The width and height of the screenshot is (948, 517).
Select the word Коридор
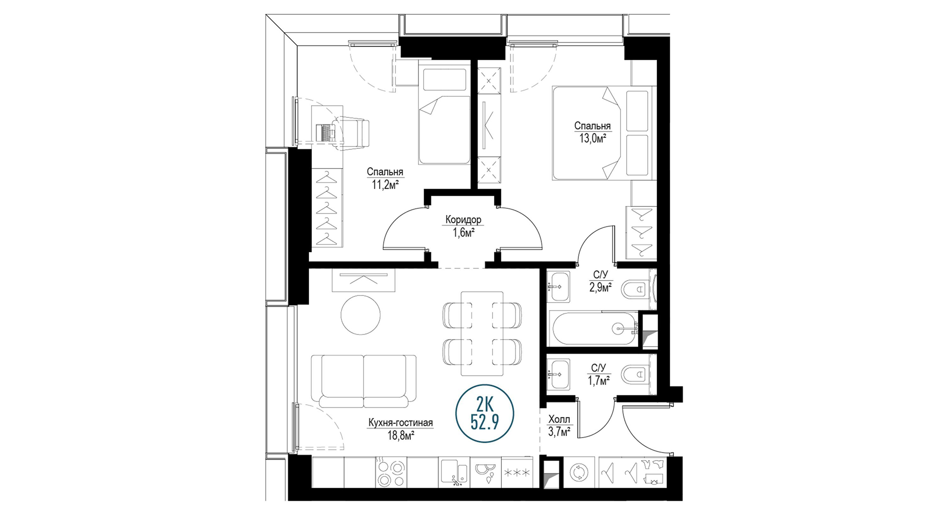pos(463,220)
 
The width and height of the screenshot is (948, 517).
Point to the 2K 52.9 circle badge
pos(485,414)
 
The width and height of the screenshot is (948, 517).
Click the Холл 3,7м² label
pos(559,426)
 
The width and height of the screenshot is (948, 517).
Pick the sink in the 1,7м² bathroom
pos(558,374)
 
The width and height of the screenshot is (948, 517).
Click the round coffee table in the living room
pos(361,315)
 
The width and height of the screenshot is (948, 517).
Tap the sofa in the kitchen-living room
pos(363,381)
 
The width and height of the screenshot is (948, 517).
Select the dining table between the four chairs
pos(482,334)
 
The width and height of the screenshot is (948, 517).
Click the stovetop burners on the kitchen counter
pos(391,472)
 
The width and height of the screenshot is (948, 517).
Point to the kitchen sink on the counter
pos(454,472)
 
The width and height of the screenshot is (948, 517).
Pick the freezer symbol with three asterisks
pos(517,472)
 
